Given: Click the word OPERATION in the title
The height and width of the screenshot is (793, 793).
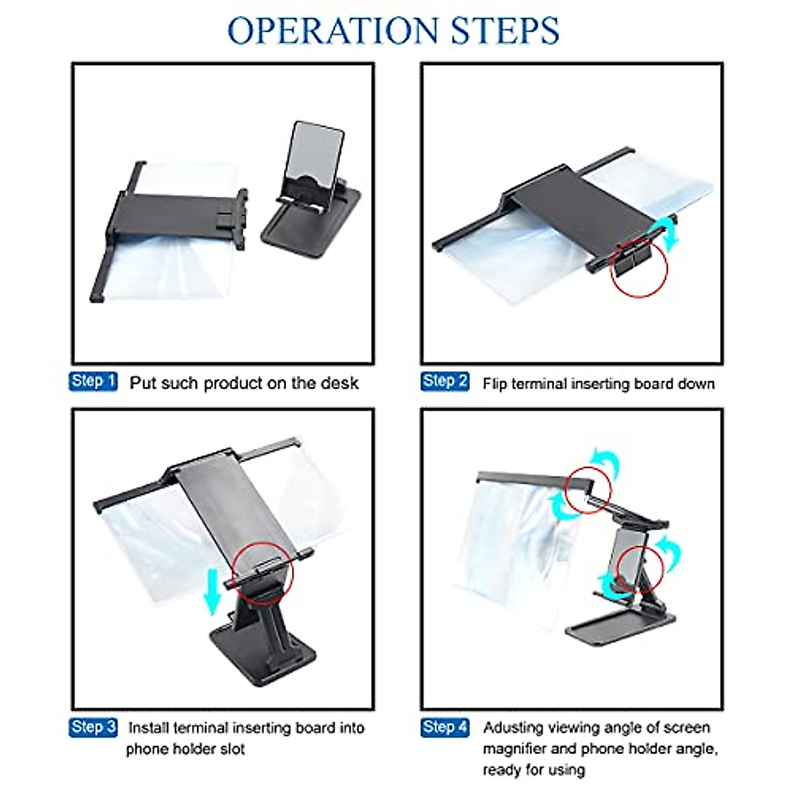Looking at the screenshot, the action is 333,30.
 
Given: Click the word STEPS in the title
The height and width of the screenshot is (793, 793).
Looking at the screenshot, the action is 505,30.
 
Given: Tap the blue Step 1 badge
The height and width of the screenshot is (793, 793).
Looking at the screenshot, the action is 93,381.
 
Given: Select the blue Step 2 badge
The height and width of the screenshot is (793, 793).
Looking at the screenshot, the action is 445,381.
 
